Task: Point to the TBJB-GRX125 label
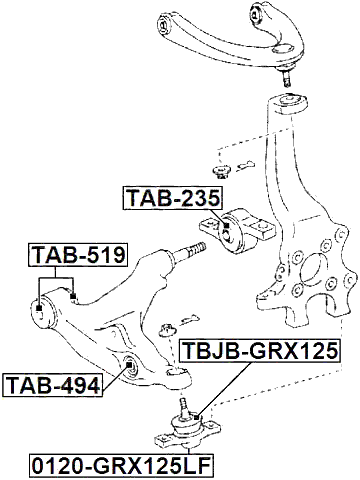tap(259, 350)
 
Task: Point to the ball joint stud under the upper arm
tap(287, 75)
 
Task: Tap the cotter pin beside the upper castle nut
tap(248, 165)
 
